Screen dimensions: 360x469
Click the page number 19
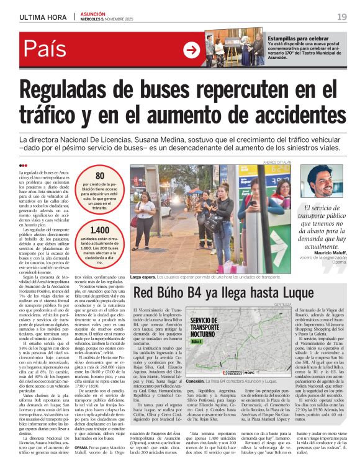(342, 17)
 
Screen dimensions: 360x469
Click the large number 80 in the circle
(100, 176)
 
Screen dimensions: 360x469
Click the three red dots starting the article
(24, 165)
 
